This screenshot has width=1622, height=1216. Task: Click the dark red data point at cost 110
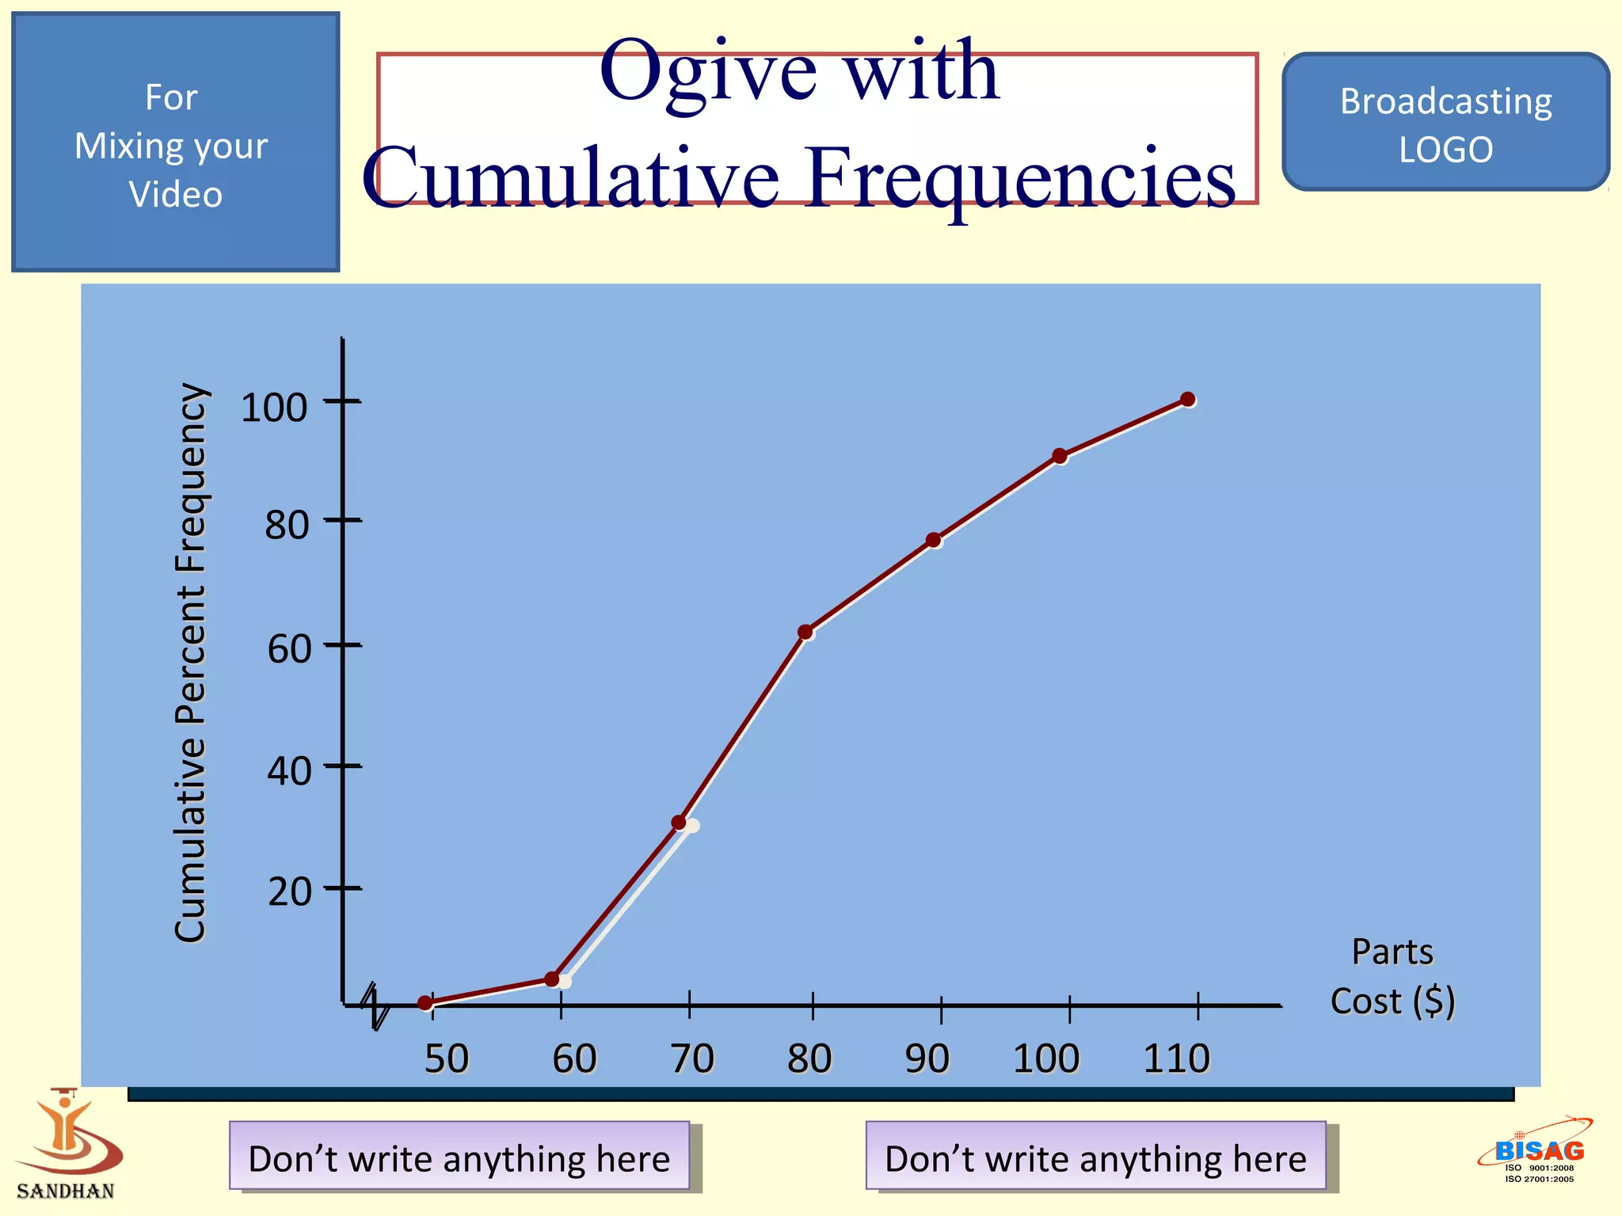(1187, 399)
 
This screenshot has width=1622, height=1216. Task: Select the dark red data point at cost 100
(1059, 456)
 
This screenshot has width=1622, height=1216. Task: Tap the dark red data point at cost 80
(805, 632)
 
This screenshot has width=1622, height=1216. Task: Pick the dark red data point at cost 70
(679, 823)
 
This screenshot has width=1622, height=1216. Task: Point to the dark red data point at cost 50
(425, 1003)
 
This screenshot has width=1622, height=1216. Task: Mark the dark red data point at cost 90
(933, 540)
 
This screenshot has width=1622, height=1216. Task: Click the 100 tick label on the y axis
(274, 408)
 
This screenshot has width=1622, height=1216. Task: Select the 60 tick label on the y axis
(289, 649)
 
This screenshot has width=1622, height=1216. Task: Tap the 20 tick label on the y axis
(289, 892)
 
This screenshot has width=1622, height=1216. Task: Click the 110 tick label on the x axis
(1176, 1058)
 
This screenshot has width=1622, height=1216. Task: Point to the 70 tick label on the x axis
(692, 1058)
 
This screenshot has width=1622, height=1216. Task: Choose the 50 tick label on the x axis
(447, 1058)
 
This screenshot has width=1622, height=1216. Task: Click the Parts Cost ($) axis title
(1392, 977)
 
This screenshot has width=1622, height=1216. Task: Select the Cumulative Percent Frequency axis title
(191, 663)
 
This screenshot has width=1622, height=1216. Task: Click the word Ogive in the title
(708, 73)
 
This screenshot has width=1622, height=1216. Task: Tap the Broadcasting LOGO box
(1445, 123)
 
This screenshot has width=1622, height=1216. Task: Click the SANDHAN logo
(67, 1145)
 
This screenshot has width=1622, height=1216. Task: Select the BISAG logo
(1537, 1152)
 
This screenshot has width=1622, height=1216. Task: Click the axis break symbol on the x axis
(375, 1006)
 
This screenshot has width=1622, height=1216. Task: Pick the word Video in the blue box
(176, 195)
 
